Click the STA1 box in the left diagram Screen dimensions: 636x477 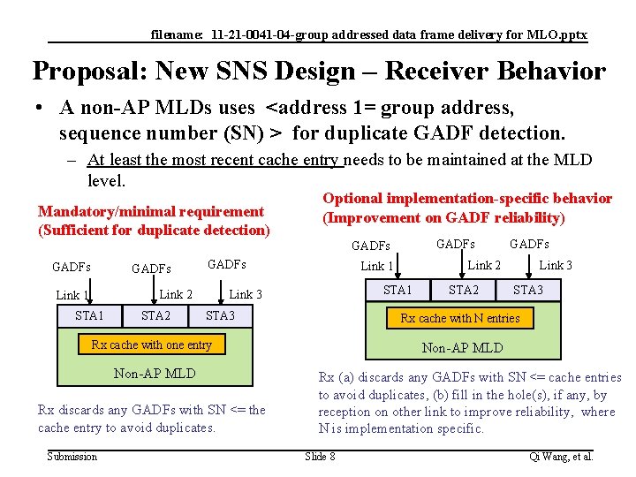pos(89,315)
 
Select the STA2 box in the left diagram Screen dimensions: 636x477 pos(156,315)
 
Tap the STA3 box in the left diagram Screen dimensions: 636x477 pos(220,315)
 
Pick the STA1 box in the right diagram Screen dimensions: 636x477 pos(397,290)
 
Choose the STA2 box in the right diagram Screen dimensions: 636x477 pos(464,290)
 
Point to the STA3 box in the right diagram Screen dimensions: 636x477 pos(528,290)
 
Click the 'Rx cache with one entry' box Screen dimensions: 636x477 pos(152,344)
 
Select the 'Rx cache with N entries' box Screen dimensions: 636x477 pos(460,318)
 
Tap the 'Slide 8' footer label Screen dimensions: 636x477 pos(320,456)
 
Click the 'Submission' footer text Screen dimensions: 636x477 pos(72,456)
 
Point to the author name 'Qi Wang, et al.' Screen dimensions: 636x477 pos(561,456)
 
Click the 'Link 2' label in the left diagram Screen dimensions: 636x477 pos(176,294)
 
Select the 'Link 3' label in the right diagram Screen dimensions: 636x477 pos(556,265)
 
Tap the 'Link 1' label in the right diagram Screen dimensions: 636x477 pos(377,266)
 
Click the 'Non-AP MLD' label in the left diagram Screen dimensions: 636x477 pos(155,374)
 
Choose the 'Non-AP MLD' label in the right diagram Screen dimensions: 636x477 pos(462,347)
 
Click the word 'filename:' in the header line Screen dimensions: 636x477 pos(178,35)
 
